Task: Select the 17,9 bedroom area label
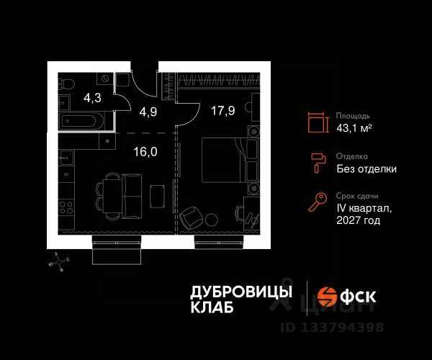(x=224, y=110)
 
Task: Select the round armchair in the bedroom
(x=190, y=217)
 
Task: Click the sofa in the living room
(x=131, y=190)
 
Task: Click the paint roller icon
(x=317, y=163)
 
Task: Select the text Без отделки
(x=366, y=169)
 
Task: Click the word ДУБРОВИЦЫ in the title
(x=241, y=292)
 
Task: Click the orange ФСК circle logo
(x=328, y=297)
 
